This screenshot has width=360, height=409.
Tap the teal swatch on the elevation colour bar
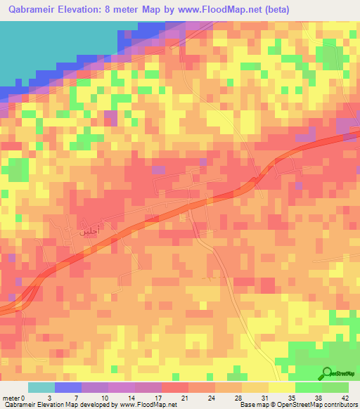41,387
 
